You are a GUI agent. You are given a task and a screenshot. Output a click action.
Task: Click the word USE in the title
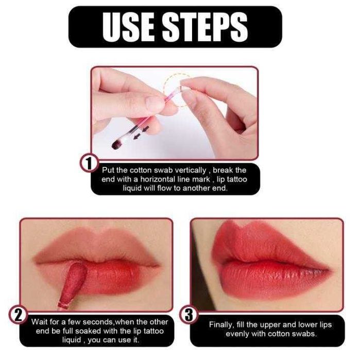[x=128, y=27]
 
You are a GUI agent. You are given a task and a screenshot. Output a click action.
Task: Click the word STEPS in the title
[x=205, y=27]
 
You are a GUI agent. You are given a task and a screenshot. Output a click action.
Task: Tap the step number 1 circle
[x=89, y=163]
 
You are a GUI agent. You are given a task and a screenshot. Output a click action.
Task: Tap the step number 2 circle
[x=18, y=315]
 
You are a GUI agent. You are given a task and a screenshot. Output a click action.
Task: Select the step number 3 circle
[x=188, y=315]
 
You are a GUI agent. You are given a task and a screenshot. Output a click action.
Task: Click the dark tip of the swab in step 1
[x=117, y=145]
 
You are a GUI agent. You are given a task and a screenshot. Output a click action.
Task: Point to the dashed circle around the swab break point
[x=177, y=90]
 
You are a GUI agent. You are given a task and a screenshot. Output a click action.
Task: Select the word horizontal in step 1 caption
[x=165, y=179]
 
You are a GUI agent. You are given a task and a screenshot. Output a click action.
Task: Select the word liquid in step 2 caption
[x=72, y=340]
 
